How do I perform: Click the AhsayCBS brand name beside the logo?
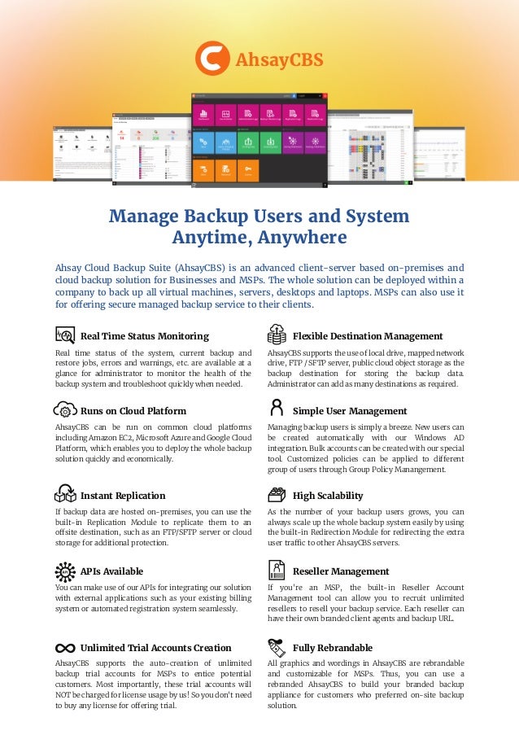(279, 59)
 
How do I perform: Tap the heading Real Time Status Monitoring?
(145, 336)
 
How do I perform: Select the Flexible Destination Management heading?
(367, 336)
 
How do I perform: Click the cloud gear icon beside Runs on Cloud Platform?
(64, 409)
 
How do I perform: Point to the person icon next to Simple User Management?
(277, 409)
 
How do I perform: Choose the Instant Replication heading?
(123, 496)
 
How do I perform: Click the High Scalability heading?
(328, 496)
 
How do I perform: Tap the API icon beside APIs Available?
(64, 571)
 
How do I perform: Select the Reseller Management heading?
(341, 571)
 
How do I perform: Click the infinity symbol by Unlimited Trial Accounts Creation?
(64, 648)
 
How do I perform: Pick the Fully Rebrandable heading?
(332, 648)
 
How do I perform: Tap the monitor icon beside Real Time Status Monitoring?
(64, 335)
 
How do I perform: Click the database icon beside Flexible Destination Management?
(277, 334)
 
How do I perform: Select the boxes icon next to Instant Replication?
(64, 493)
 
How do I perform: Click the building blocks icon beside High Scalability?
(277, 494)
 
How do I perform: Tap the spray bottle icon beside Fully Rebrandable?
(276, 647)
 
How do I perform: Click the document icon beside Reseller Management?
(277, 570)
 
